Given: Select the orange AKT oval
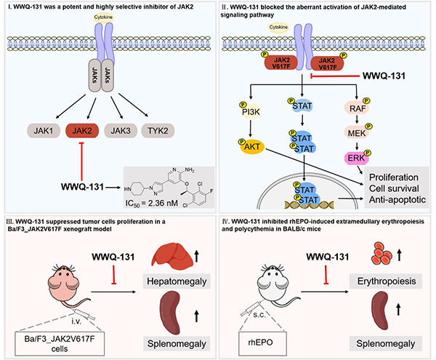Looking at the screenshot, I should pos(254,147).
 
